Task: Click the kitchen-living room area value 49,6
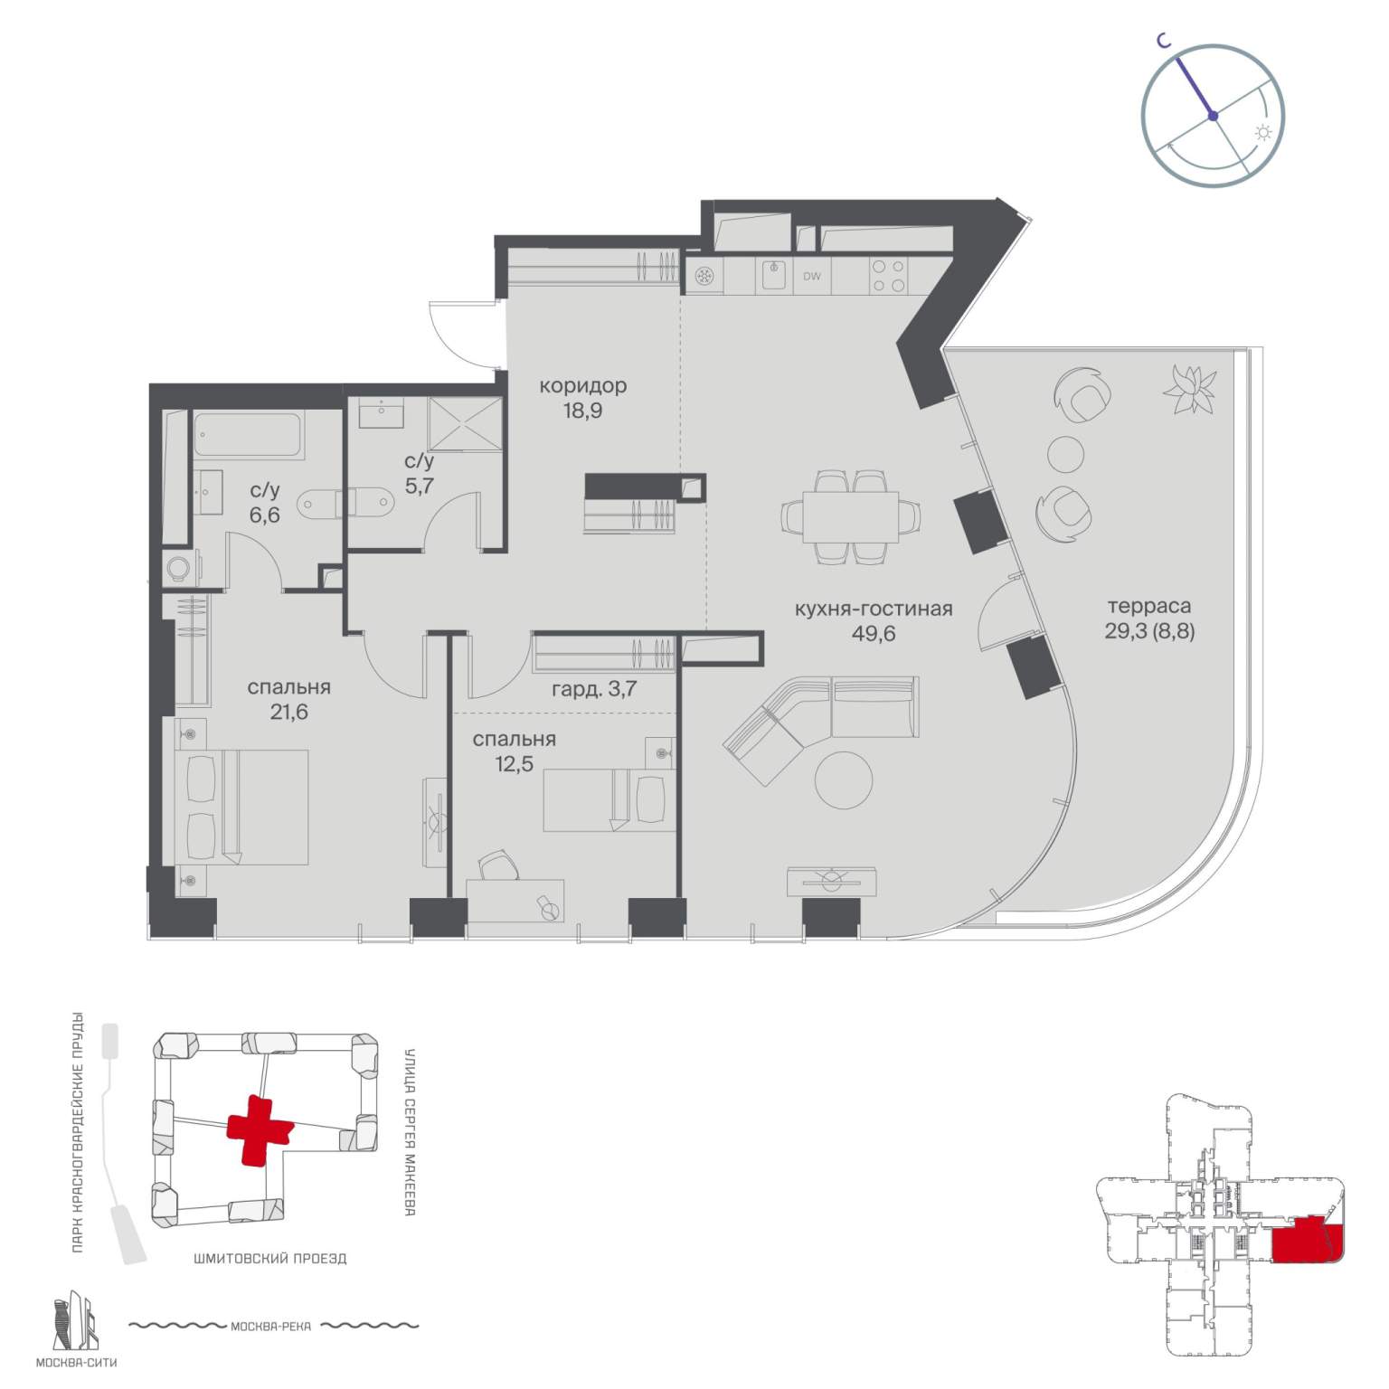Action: (x=874, y=633)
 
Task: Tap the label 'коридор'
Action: (x=582, y=386)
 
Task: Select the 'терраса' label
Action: (x=1149, y=607)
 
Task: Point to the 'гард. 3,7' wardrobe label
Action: (x=594, y=688)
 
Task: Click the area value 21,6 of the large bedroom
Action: (x=289, y=712)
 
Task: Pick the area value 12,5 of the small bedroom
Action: (x=514, y=764)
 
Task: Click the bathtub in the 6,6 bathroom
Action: (x=247, y=436)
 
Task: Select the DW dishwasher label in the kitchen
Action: (x=812, y=277)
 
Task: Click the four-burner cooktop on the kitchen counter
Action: (x=887, y=276)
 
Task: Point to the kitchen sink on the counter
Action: (x=773, y=275)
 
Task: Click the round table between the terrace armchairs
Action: (x=1065, y=453)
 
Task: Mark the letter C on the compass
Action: (x=1167, y=40)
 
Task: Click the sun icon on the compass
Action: (x=1262, y=133)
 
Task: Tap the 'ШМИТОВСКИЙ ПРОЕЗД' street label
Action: (x=270, y=1258)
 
